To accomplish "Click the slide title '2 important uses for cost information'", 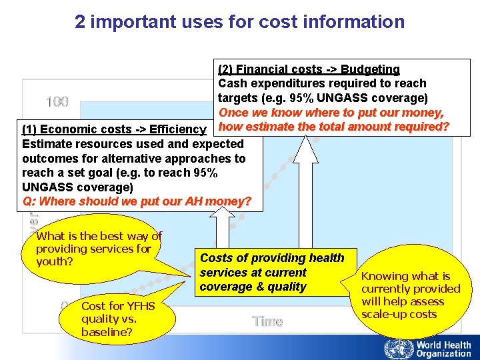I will pyautogui.click(x=239, y=22).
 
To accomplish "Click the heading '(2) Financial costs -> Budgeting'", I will pyautogui.click(x=309, y=69).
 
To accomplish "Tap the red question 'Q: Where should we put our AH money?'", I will pyautogui.click(x=137, y=201).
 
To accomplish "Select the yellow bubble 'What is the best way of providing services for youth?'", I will pyautogui.click(x=99, y=249).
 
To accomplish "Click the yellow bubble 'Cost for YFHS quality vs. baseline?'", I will pyautogui.click(x=117, y=319).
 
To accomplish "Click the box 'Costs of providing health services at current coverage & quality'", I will pyautogui.click(x=272, y=273).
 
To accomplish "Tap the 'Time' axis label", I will pyautogui.click(x=267, y=321).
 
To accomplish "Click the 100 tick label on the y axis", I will pyautogui.click(x=57, y=102).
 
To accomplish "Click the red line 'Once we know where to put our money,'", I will pyautogui.click(x=331, y=113).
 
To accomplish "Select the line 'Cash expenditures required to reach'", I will pyautogui.click(x=323, y=83).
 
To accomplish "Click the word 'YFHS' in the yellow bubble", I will pyautogui.click(x=140, y=306).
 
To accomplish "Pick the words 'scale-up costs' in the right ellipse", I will pyautogui.click(x=399, y=314).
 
